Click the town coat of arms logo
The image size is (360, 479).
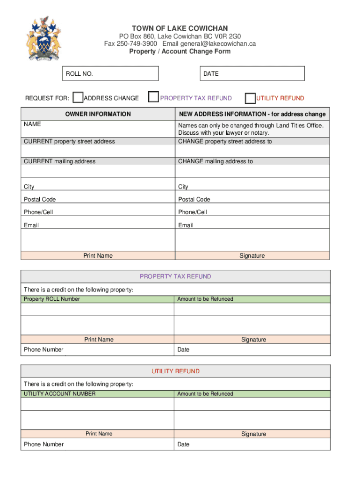pyautogui.click(x=43, y=39)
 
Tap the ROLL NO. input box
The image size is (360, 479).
pyautogui.click(x=112, y=73)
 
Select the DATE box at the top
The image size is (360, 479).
pyautogui.click(x=252, y=73)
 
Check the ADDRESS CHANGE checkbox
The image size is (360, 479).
pyautogui.click(x=78, y=97)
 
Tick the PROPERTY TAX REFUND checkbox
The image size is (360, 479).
pyautogui.click(x=153, y=97)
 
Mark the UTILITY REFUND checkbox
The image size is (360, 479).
pyautogui.click(x=250, y=98)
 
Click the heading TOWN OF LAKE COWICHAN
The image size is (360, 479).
pyautogui.click(x=180, y=29)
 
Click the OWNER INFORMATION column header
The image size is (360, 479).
pyautogui.click(x=98, y=114)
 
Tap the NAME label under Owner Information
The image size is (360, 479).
pyautogui.click(x=32, y=124)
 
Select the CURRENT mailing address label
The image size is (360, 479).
pyautogui.click(x=59, y=161)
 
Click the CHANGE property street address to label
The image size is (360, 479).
pyautogui.click(x=224, y=141)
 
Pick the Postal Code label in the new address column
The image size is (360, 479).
pyautogui.click(x=194, y=199)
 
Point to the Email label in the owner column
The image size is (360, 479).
pyautogui.click(x=31, y=225)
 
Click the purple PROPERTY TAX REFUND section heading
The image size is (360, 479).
pyautogui.click(x=175, y=276)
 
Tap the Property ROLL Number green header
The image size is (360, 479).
pyautogui.click(x=52, y=299)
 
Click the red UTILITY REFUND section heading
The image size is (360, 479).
pyautogui.click(x=175, y=371)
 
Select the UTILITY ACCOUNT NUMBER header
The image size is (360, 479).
pyautogui.click(x=59, y=394)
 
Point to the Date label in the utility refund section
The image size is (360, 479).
pyautogui.click(x=183, y=444)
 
